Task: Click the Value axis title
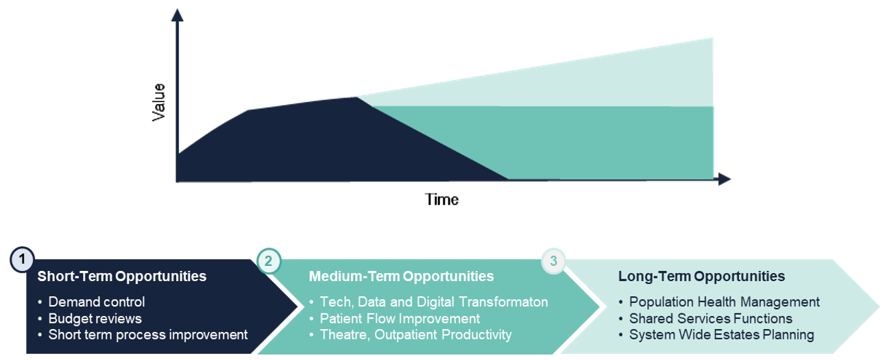point(158,102)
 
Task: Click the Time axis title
point(441,200)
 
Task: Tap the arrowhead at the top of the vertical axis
point(177,15)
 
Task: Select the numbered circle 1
point(22,259)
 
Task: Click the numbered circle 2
point(268,261)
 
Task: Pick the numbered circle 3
point(553,261)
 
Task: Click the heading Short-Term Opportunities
point(121,276)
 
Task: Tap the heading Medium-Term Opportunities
point(401,276)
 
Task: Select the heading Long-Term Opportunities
point(701,276)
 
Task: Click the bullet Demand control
point(96,302)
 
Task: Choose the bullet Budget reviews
point(95,318)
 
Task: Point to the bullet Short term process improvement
point(147,335)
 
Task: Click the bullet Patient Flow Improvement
point(400,318)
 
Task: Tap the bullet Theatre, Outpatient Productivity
point(415,335)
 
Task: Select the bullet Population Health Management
point(724,302)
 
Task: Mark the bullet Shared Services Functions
point(710,318)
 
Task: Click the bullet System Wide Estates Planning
point(721,335)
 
